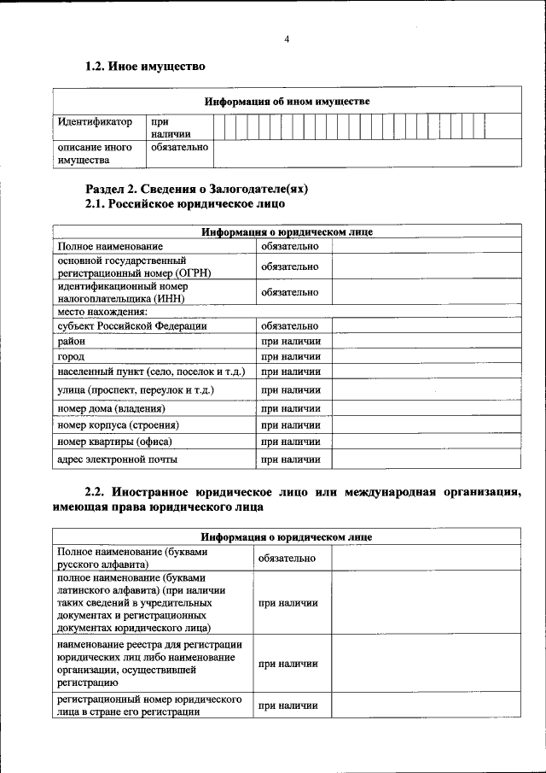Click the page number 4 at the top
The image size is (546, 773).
pos(287,39)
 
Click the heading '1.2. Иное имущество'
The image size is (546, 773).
pos(145,67)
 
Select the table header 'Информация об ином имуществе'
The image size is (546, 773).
pos(287,102)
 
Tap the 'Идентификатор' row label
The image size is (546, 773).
pos(96,122)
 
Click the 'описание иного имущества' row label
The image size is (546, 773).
pos(95,153)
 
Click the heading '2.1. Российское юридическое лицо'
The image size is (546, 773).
pos(185,204)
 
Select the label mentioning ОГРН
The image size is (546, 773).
pos(134,266)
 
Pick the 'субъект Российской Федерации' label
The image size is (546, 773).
pos(131,325)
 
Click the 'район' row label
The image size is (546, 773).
pos(72,341)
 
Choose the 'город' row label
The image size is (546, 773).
pos(71,356)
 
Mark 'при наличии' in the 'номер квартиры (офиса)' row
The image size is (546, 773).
pos(290,442)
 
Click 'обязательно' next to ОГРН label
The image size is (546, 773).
pos(290,266)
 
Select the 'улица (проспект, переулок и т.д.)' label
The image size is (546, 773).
pos(135,390)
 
